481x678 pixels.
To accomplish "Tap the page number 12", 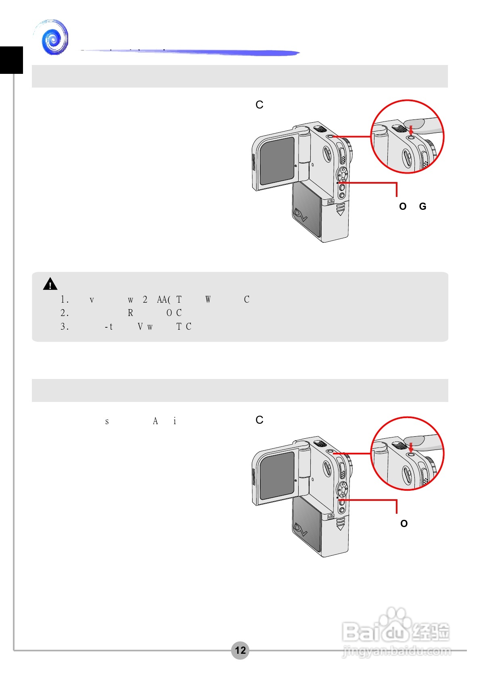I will (240, 650).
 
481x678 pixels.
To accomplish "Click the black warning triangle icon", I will (50, 285).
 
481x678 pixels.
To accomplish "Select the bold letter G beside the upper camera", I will (422, 207).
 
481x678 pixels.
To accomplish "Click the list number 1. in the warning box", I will (65, 300).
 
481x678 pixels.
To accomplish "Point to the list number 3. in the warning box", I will (65, 326).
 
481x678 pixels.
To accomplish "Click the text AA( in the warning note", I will (163, 300).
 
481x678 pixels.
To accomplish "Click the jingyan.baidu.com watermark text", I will (396, 651).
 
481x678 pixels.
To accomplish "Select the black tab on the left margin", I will (11, 60).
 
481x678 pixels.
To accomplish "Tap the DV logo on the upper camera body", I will (301, 215).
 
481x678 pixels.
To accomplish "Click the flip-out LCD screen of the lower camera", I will (277, 475).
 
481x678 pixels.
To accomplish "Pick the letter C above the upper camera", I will (259, 105).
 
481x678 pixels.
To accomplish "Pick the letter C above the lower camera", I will (259, 420).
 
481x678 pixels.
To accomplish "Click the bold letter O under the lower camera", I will (404, 524).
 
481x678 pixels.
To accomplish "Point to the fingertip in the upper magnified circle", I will (418, 124).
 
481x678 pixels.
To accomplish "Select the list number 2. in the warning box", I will (65, 313).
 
